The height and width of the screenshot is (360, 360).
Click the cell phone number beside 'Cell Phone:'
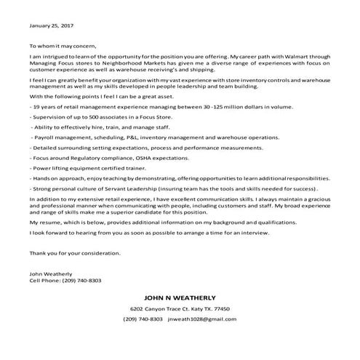[82, 280]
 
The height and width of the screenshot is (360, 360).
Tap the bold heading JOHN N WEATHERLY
[179, 298]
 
